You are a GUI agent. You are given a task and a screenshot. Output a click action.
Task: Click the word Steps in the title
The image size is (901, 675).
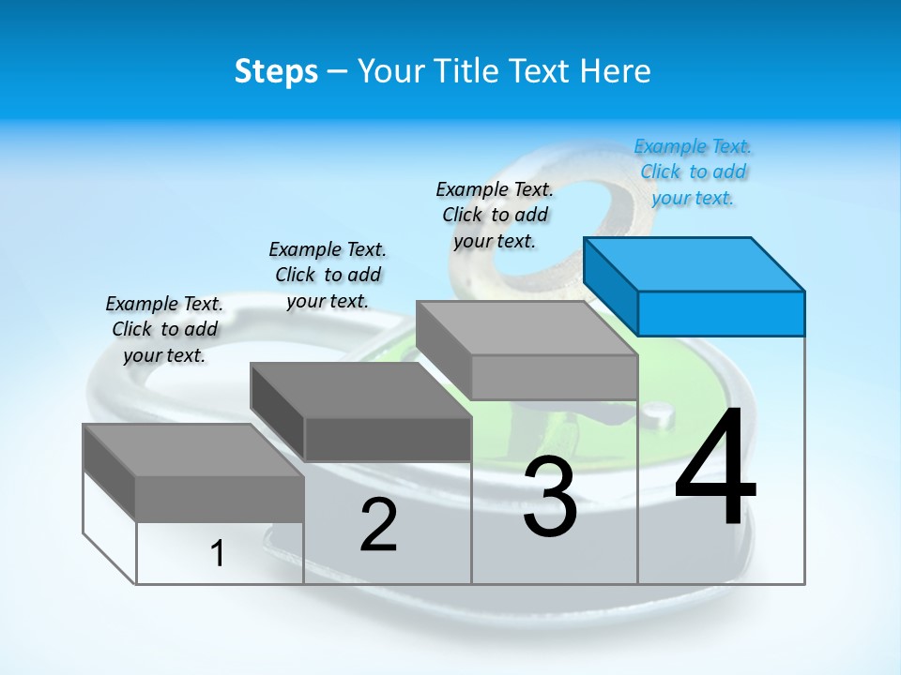pos(276,71)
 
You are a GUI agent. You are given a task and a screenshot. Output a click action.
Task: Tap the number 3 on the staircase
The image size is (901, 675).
pos(549,498)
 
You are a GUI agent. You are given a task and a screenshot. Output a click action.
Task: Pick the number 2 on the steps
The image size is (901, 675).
pos(378,525)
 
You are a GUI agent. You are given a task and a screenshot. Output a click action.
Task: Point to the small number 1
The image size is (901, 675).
pos(218,553)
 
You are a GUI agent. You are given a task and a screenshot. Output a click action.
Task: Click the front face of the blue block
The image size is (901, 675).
pos(721,313)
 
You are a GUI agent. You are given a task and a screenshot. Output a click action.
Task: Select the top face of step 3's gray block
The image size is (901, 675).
pos(526,328)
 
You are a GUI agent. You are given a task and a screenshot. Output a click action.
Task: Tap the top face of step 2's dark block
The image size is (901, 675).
pos(359,389)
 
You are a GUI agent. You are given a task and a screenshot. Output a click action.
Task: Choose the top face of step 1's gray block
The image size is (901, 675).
pos(192,450)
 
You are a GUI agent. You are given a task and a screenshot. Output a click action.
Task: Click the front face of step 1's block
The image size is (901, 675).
pos(220,498)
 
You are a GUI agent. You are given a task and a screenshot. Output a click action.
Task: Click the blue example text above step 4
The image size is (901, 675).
pos(693,172)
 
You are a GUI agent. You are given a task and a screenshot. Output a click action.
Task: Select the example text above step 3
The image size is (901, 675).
pos(495,215)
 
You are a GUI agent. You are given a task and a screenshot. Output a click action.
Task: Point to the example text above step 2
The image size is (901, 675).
pos(328,275)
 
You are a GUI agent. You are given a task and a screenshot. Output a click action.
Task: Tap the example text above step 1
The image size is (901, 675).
pos(164,329)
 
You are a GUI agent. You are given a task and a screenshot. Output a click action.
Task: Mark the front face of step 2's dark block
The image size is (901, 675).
pos(388,439)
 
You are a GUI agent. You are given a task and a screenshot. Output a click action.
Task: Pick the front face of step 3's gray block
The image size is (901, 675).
pos(554,377)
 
